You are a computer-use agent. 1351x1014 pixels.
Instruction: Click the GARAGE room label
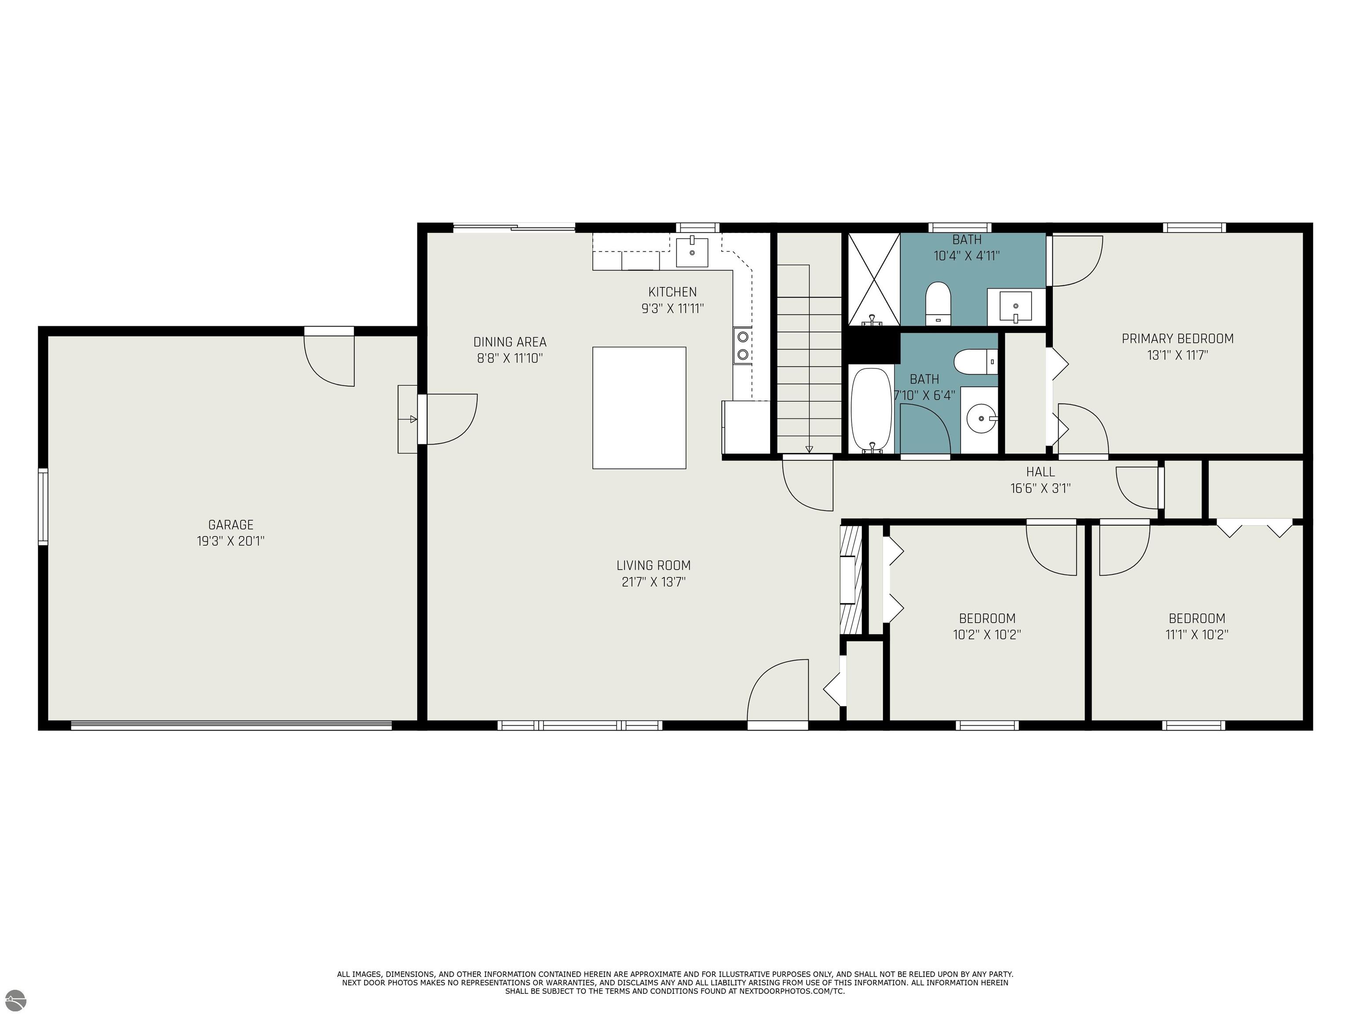tap(230, 525)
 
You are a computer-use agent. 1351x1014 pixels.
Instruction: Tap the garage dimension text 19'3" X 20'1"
tap(230, 541)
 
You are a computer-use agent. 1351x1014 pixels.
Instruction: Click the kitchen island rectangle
tap(639, 408)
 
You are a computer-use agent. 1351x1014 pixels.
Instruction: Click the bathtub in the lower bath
tap(871, 409)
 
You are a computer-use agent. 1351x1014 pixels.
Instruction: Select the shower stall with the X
tap(874, 279)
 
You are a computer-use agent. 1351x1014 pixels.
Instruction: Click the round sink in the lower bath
tap(981, 419)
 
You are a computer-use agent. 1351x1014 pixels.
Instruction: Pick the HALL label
tap(1040, 472)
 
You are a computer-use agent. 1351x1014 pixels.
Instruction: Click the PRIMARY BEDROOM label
tap(1177, 338)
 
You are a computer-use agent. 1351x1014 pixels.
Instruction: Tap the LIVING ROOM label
tap(653, 566)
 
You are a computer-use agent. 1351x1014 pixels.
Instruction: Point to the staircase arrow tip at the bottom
tap(809, 450)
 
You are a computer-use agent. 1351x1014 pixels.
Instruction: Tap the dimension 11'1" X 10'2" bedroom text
tap(1197, 635)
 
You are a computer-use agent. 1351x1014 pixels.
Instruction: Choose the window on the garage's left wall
tap(43, 506)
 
